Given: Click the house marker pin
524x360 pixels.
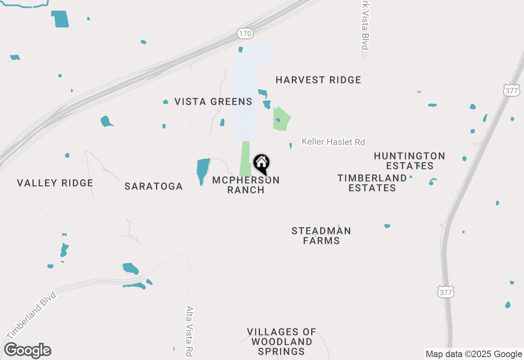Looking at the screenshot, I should pyautogui.click(x=261, y=164).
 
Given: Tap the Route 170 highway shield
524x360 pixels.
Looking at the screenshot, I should pyautogui.click(x=245, y=34).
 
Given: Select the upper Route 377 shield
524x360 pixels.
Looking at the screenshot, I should pyautogui.click(x=512, y=91).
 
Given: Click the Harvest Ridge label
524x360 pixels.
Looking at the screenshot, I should pyautogui.click(x=318, y=80).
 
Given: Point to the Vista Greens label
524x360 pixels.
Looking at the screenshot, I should pyautogui.click(x=213, y=101).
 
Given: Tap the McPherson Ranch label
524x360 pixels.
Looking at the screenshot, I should pyautogui.click(x=246, y=185).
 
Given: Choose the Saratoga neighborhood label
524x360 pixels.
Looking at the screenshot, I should pyautogui.click(x=154, y=187).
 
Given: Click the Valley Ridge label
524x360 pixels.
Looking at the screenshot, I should pyautogui.click(x=55, y=183).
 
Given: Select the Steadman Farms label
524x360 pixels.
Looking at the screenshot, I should pyautogui.click(x=321, y=236).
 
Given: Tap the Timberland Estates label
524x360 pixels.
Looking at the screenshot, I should pyautogui.click(x=372, y=183).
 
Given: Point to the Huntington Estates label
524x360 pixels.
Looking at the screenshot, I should pyautogui.click(x=409, y=161).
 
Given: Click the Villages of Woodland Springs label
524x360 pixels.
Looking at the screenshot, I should pyautogui.click(x=282, y=342).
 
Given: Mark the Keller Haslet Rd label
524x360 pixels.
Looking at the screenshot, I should pyautogui.click(x=333, y=142).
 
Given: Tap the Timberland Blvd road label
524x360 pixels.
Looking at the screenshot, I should pyautogui.click(x=31, y=315).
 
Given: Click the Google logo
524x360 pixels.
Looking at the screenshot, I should pyautogui.click(x=28, y=351).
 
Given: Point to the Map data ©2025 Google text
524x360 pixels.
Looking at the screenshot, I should pyautogui.click(x=473, y=354).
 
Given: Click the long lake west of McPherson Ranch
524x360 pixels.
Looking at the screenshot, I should pyautogui.click(x=202, y=171).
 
